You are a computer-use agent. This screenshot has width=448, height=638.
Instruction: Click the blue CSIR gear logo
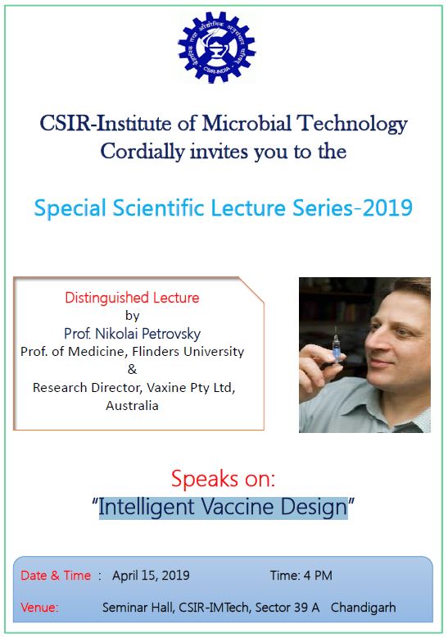point(217,47)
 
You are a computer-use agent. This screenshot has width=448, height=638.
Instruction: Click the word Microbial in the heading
point(247,123)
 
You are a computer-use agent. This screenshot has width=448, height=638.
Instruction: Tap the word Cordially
point(143,152)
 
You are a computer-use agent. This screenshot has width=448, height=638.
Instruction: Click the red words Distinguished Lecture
point(132,298)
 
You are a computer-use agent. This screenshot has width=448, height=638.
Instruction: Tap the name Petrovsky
point(171,334)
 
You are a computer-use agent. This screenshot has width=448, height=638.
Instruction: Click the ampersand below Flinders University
point(132,369)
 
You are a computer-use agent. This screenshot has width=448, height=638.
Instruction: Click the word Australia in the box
point(132,405)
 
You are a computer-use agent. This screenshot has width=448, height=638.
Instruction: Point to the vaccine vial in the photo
point(336,347)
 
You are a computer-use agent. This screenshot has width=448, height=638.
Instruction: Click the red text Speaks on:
point(224,479)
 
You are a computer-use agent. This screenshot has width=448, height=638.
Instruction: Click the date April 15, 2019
point(151,576)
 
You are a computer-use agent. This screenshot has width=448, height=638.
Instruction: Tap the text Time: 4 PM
point(301,576)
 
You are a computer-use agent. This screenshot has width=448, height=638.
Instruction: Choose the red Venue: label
point(39,608)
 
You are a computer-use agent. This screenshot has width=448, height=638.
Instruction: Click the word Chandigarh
point(363,608)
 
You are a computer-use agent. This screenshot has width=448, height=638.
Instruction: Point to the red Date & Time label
point(56,576)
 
